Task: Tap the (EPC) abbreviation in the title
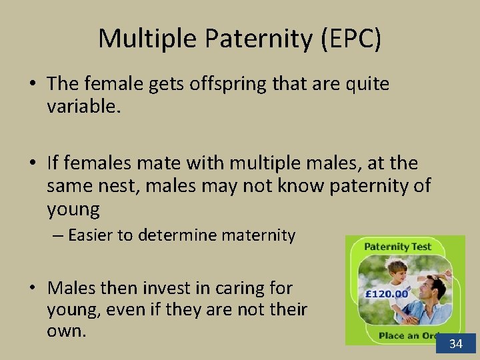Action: pos(351,39)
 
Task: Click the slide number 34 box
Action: pos(456,344)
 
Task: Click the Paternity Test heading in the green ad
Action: pos(398,247)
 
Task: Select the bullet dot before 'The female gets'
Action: pos(32,85)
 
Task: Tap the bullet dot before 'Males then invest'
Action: pos(32,289)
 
